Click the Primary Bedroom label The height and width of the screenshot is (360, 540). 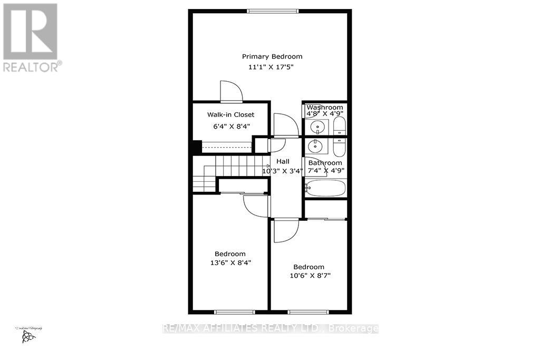(272, 56)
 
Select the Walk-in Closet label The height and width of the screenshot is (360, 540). (230, 114)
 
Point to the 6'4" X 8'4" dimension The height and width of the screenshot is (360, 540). (230, 126)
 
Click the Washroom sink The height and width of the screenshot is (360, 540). (317, 127)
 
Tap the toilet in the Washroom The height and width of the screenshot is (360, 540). (340, 125)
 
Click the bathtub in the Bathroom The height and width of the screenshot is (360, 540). (325, 188)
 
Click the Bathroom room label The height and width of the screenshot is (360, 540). (325, 163)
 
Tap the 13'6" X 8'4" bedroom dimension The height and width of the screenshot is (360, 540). (230, 262)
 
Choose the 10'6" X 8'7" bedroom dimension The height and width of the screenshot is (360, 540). (308, 276)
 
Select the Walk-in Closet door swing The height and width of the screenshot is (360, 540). (231, 91)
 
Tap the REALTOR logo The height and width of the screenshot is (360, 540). (30, 37)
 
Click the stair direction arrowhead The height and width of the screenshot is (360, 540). (268, 165)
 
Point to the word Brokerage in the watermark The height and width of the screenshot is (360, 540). (353, 328)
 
